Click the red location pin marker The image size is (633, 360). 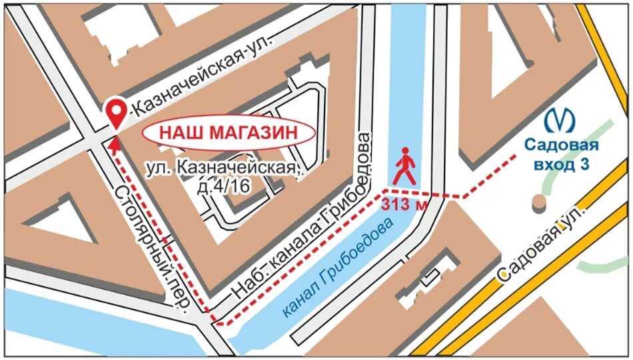point(117,111)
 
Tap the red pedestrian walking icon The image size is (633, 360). point(404,167)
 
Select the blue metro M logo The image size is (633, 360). point(560,121)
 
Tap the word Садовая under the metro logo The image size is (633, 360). point(560,145)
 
